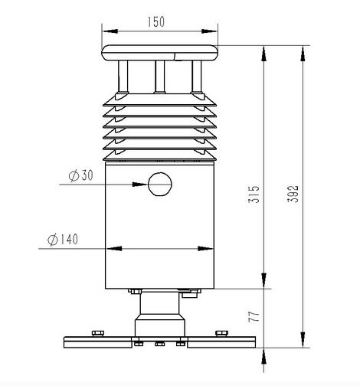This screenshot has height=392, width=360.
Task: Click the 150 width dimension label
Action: point(156,22)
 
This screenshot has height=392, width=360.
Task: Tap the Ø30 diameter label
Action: point(81,175)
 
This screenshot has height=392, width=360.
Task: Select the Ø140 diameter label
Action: point(63,240)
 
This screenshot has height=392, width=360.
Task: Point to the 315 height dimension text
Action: point(254,194)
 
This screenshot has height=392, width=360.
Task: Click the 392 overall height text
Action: point(293,194)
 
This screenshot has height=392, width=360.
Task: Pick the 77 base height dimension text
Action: point(254,316)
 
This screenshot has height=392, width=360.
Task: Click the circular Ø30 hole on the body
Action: point(160,184)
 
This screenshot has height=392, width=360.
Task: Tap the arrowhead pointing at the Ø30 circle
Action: point(140,185)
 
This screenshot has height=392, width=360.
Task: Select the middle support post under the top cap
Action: point(160,77)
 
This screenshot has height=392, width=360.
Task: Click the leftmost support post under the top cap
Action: point(123,77)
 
